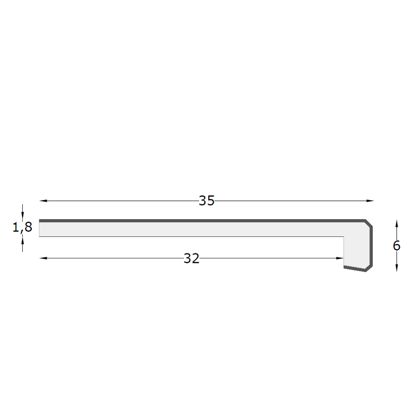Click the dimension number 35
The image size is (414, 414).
point(207,201)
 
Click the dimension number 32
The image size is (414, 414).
point(191,258)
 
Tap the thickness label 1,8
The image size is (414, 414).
point(22,227)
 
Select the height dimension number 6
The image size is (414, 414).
point(397,246)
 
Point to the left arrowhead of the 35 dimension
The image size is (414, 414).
point(43,201)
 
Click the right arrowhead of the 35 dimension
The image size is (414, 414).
point(370,201)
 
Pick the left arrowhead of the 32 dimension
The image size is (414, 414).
point(43,258)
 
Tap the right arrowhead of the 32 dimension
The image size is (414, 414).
point(340,258)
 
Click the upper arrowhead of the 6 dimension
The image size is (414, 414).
point(397,224)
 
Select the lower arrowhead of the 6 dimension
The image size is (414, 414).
point(397,268)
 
